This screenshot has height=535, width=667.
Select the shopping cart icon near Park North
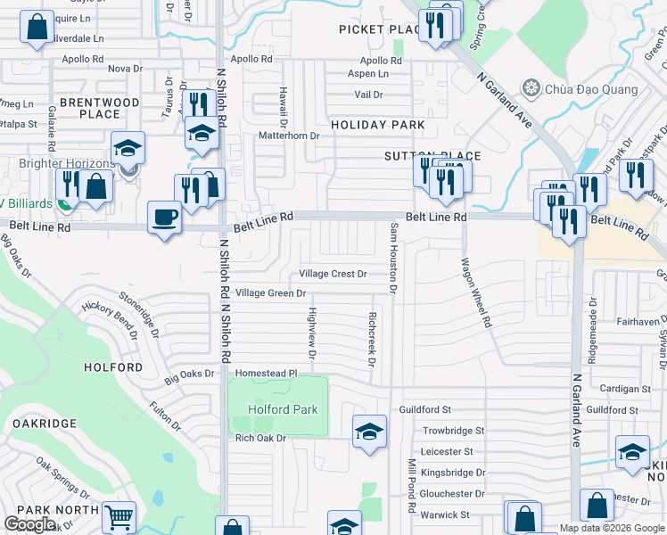coord(119,517)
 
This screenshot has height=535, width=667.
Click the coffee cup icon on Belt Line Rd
coord(165,218)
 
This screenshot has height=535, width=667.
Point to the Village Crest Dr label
coord(333,274)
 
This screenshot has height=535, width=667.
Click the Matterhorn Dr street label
coord(288,136)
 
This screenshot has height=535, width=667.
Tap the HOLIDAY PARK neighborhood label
coord(378,125)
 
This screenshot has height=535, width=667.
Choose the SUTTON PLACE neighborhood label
coord(432,156)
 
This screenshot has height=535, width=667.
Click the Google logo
coord(29,524)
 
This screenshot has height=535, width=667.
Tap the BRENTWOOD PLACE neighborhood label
coord(99,108)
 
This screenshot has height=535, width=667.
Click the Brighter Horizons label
coord(67,163)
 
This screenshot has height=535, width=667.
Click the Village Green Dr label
coord(270,292)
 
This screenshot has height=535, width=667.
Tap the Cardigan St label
coord(625,389)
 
